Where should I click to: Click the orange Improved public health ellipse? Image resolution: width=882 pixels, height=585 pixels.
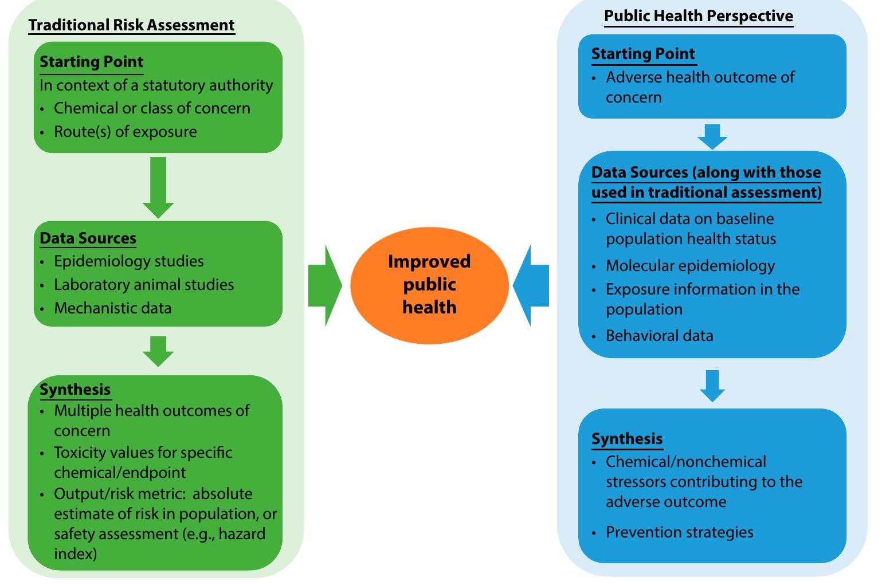[429, 285]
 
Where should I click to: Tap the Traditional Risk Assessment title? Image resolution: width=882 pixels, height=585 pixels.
[131, 25]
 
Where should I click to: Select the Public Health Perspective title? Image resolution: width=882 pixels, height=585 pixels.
[699, 16]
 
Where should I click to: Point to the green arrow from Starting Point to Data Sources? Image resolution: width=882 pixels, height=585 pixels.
[158, 187]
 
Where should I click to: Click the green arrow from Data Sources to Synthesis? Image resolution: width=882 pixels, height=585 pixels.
[158, 351]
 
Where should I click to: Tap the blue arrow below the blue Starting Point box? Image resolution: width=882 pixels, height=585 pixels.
[712, 136]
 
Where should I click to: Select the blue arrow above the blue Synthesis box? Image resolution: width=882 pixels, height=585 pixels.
[712, 385]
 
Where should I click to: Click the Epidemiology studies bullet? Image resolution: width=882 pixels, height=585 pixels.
[128, 261]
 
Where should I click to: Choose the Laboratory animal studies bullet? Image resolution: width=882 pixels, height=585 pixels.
[144, 285]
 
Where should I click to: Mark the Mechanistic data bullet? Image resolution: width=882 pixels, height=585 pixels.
[112, 308]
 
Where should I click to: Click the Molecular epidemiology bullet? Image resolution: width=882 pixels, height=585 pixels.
[690, 266]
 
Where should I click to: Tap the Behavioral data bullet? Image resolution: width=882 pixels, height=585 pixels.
[659, 336]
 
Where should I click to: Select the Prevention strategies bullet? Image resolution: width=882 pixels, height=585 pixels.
[679, 532]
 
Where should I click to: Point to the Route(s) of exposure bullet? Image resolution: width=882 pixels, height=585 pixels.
[125, 132]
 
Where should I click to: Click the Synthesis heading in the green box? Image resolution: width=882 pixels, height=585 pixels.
[75, 390]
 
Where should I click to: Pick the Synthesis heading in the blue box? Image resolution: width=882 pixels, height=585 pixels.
[627, 439]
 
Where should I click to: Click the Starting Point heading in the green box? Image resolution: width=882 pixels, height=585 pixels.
[92, 62]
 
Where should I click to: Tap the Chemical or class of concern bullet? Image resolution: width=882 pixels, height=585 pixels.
[152, 108]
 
